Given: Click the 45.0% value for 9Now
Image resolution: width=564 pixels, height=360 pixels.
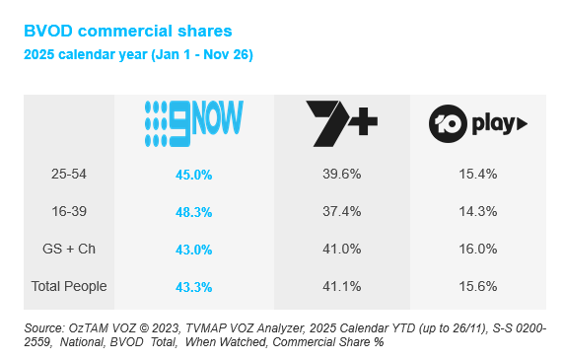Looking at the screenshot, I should click(194, 174).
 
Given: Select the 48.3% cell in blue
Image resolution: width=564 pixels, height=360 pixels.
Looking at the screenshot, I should click(194, 211).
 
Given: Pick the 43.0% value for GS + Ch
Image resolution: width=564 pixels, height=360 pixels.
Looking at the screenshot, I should click(194, 249).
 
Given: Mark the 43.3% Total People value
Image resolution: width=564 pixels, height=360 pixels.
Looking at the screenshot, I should click(194, 286).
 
